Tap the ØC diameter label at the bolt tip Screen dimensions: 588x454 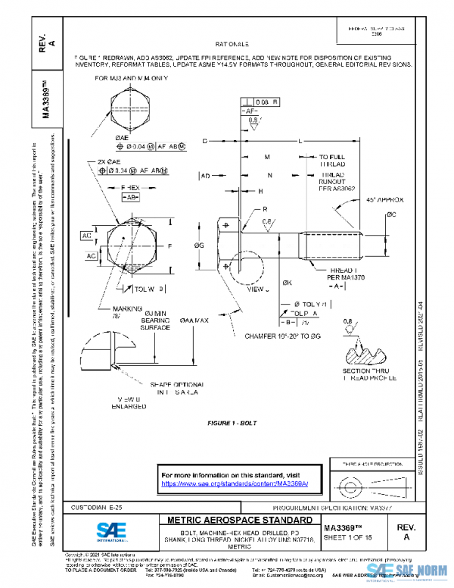click(392, 215)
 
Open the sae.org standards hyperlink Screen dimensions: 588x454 click(237, 483)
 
